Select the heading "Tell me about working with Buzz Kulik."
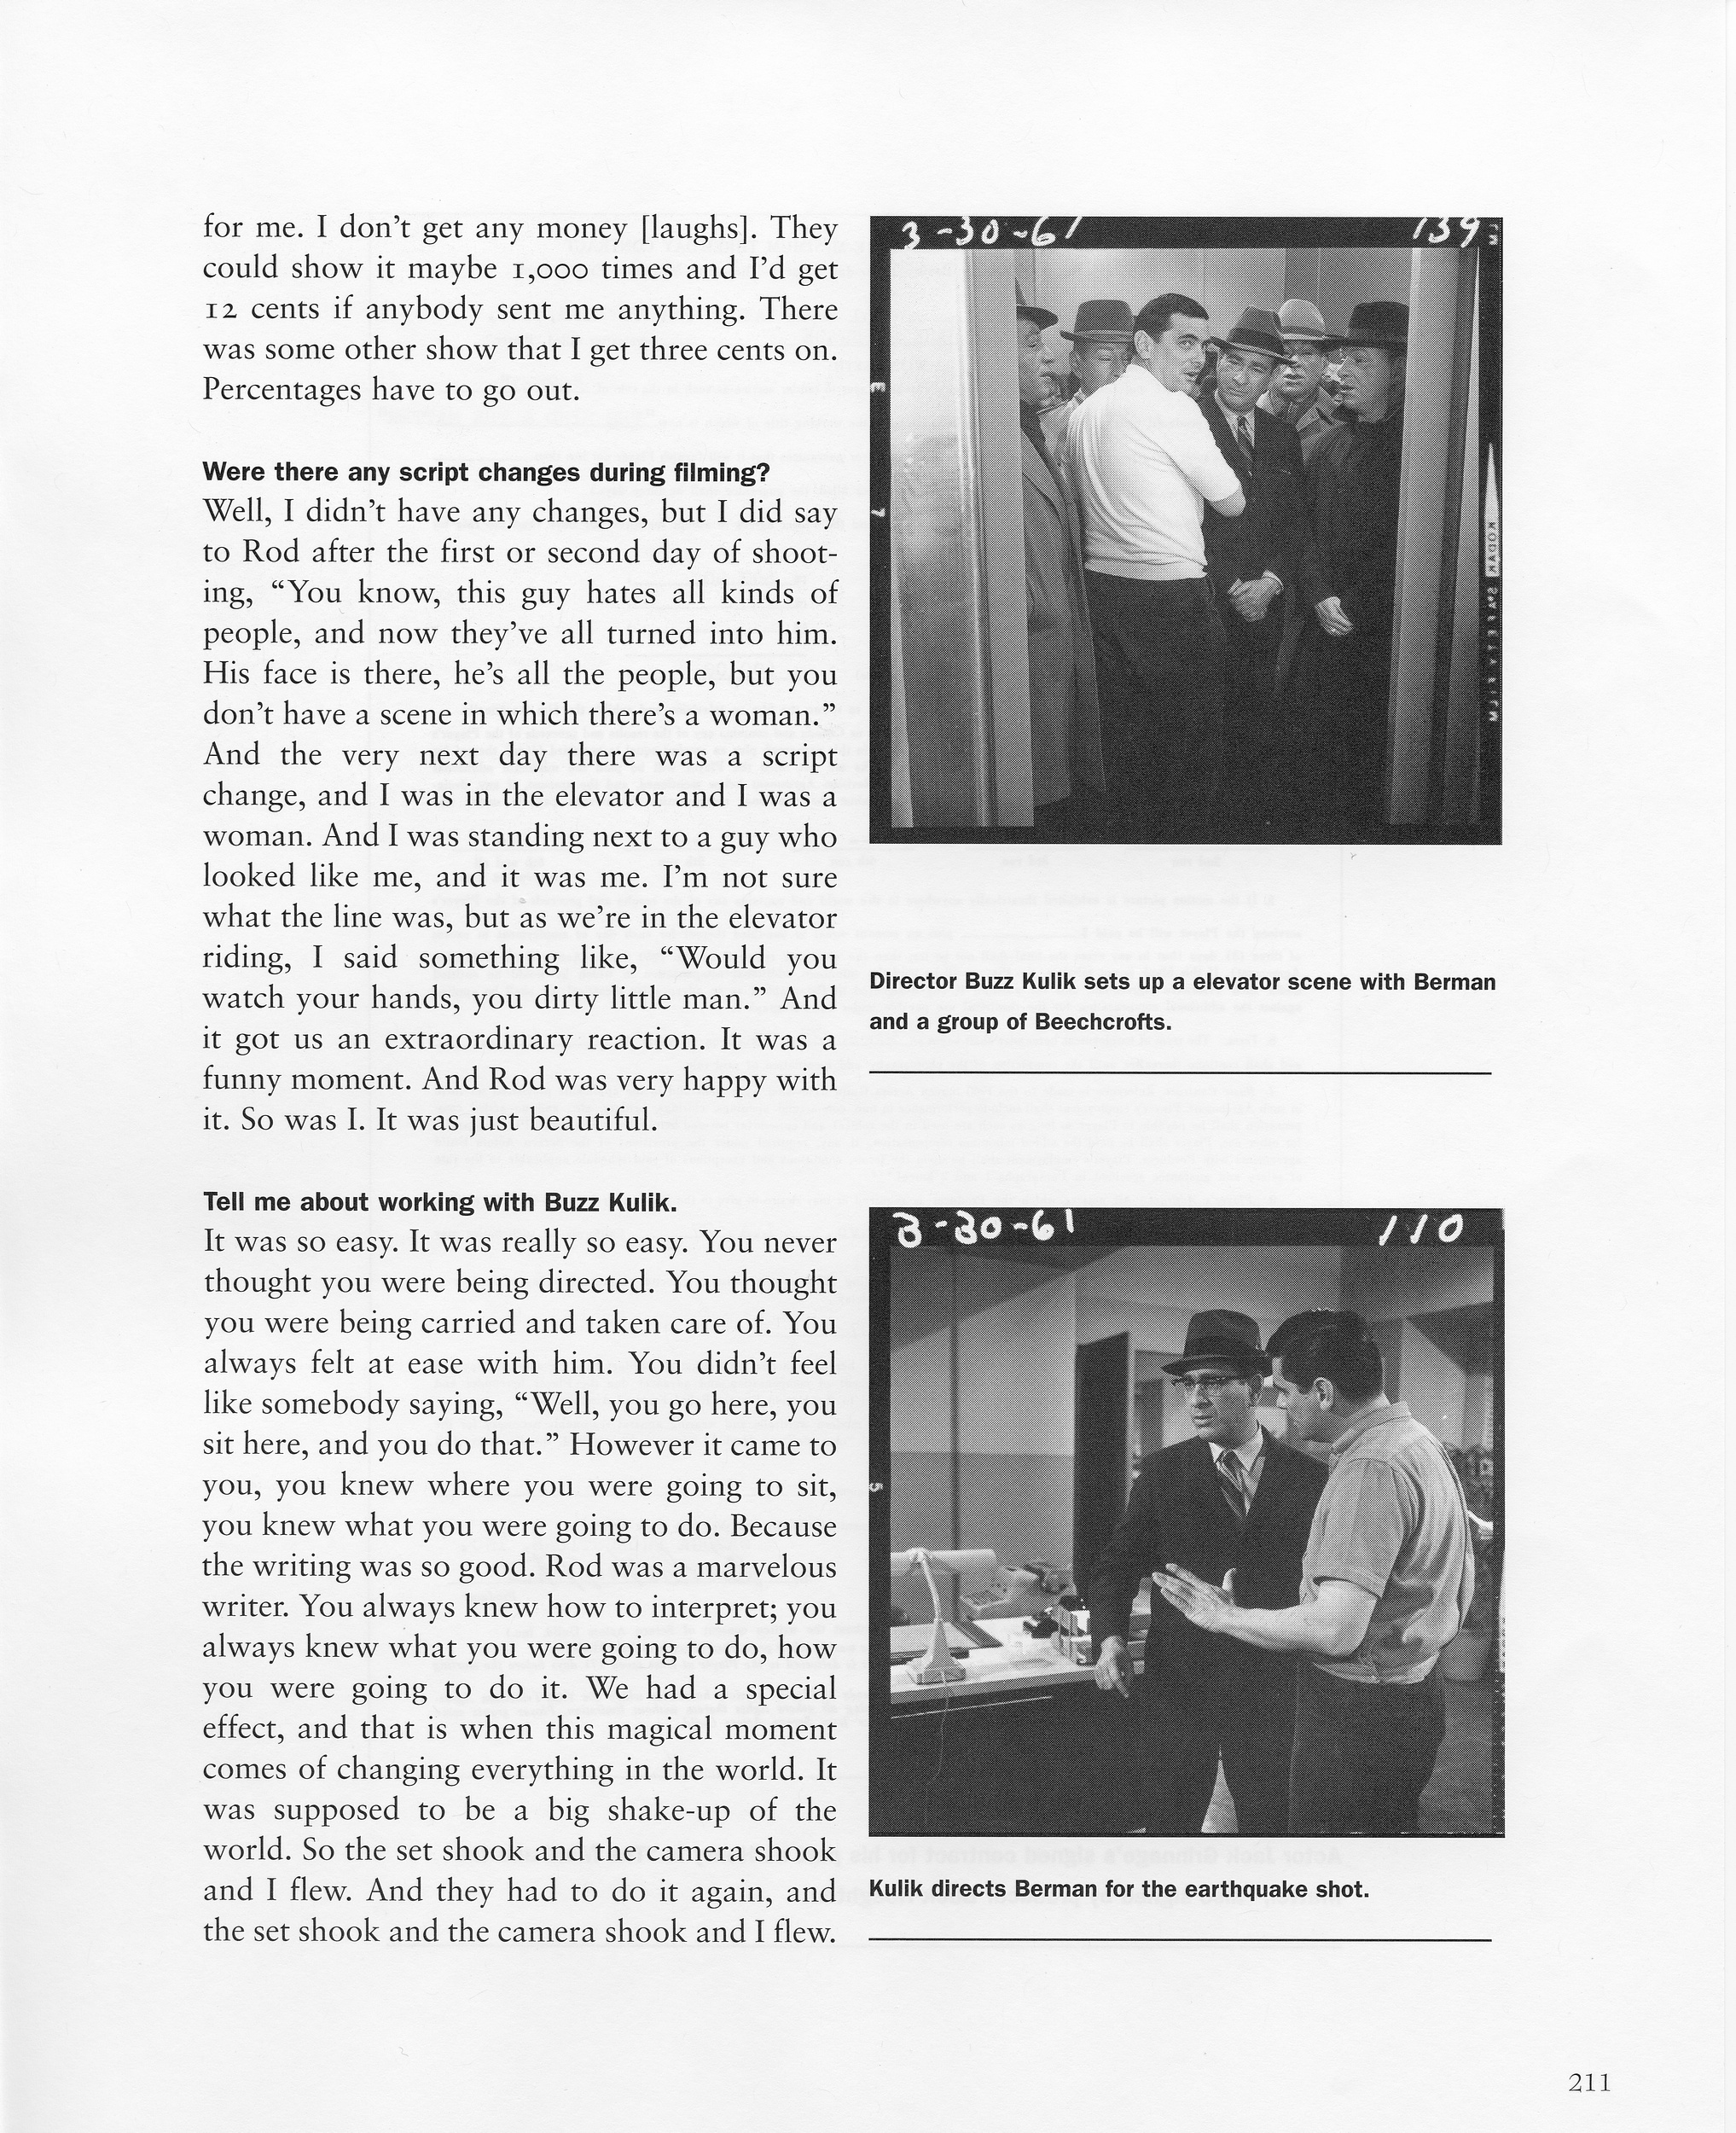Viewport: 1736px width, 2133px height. tap(440, 1202)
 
